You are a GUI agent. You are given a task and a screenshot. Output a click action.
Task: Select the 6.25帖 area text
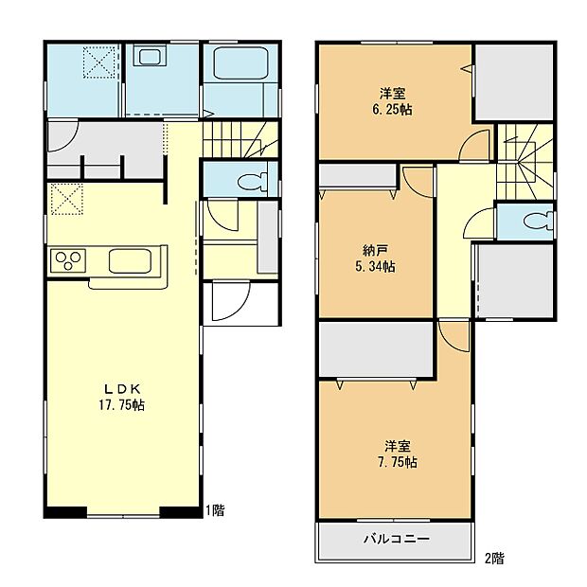pyautogui.click(x=392, y=109)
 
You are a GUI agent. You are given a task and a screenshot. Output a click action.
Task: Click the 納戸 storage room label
pyautogui.click(x=376, y=251)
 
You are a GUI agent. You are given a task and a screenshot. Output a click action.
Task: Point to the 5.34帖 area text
pyautogui.click(x=376, y=267)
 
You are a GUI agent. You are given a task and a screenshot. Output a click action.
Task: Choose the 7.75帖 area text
pyautogui.click(x=399, y=462)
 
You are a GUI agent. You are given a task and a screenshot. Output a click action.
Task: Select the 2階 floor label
pyautogui.click(x=494, y=558)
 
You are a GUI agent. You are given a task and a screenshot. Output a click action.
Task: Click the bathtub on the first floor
pyautogui.click(x=239, y=65)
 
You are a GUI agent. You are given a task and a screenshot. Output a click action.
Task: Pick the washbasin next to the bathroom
pyautogui.click(x=151, y=59)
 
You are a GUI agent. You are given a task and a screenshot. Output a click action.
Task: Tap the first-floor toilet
pyautogui.click(x=247, y=181)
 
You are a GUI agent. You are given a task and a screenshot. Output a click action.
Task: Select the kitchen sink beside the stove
pyautogui.click(x=130, y=259)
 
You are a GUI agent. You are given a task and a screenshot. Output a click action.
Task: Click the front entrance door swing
pyautogui.click(x=227, y=301)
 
